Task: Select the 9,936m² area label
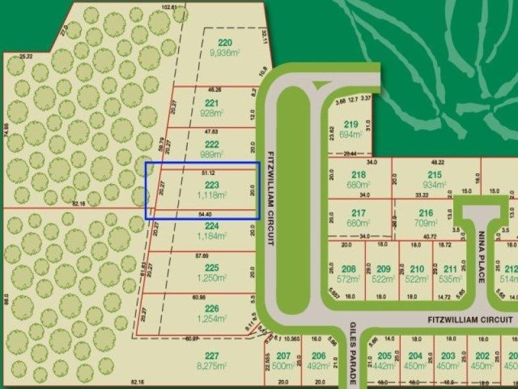[225, 54]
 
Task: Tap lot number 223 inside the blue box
[212, 185]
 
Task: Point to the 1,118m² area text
[212, 195]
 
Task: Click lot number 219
[351, 124]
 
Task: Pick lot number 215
[434, 174]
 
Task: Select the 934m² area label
[434, 185]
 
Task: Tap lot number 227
[212, 355]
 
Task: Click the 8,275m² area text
[212, 366]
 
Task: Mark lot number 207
[283, 356]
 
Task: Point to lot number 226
[212, 308]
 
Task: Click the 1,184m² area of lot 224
[212, 237]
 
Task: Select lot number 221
[212, 102]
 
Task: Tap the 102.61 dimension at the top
[170, 7]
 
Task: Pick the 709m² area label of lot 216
[425, 222]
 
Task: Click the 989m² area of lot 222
[212, 155]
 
